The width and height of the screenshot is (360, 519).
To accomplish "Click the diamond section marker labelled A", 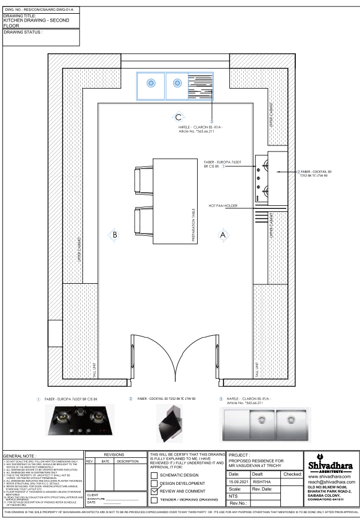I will (223, 235).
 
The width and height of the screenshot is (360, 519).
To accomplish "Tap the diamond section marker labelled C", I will (178, 117).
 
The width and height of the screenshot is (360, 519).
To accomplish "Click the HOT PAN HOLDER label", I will (223, 205).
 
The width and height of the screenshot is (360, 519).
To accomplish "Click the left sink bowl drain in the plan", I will (151, 83).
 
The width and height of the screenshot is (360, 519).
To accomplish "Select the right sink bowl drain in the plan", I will (177, 83).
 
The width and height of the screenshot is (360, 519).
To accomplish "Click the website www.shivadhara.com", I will (329, 477).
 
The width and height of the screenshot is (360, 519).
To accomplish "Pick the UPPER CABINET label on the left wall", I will (79, 249).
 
